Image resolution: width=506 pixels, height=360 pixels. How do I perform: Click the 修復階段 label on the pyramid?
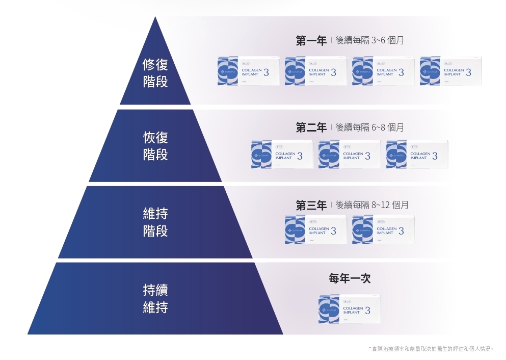coord(155,73)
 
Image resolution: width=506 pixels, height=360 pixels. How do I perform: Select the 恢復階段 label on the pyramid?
coord(155,146)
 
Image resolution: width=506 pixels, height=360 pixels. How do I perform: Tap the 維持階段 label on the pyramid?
coord(155,222)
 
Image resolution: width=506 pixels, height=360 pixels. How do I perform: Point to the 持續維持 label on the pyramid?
coord(155,299)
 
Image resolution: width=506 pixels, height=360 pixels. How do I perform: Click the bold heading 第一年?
coord(311,41)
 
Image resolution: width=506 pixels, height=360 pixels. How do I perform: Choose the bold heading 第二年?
coord(311,127)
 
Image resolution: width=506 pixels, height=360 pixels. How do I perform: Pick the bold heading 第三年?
coord(311,205)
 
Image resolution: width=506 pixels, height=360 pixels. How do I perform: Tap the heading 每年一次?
coord(350,279)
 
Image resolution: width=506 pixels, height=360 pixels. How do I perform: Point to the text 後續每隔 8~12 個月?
coord(372,205)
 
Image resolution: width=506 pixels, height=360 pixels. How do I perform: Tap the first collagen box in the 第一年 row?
coord(249,71)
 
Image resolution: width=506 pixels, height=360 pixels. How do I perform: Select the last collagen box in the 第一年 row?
coord(450,71)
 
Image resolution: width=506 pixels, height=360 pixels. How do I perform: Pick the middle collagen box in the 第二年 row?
coord(350,155)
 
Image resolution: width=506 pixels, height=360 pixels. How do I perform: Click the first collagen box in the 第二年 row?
coord(282,155)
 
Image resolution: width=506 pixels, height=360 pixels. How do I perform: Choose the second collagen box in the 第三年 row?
coord(383,229)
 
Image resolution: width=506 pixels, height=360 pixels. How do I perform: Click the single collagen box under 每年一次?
coord(350,308)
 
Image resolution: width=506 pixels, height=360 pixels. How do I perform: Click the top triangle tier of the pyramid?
coord(155,66)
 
